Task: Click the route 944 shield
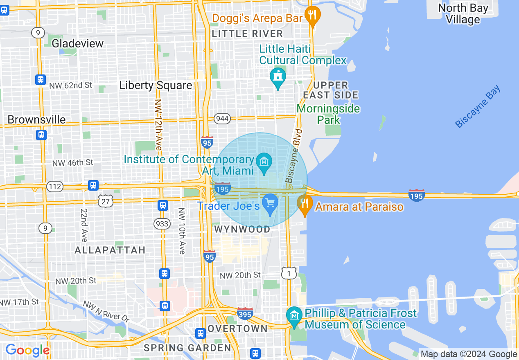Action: click(222, 119)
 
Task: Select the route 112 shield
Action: click(54, 187)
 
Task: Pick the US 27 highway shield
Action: click(105, 200)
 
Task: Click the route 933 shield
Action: click(162, 223)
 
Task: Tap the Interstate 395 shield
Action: click(245, 314)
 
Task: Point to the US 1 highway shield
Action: click(289, 273)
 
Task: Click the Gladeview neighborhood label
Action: click(78, 43)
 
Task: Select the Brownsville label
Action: click(37, 119)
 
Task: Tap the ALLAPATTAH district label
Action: click(110, 250)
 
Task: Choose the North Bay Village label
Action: click(463, 13)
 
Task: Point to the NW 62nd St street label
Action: click(71, 85)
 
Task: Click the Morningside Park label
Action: click(328, 114)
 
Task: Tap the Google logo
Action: click(27, 351)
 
